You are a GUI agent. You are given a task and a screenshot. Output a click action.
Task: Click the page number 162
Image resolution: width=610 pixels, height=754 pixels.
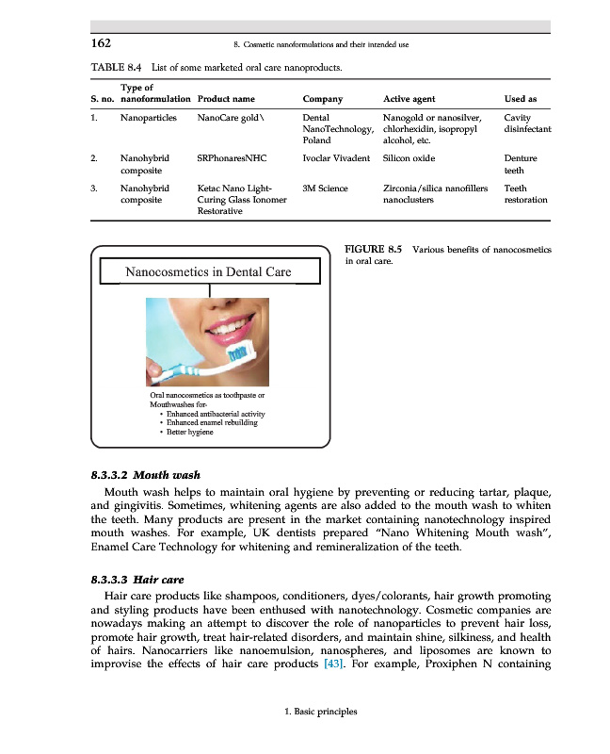[x=101, y=43]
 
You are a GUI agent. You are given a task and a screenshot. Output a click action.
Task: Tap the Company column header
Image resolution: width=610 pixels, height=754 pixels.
[x=322, y=99]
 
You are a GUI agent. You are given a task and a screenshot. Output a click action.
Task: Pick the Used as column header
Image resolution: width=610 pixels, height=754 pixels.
[x=521, y=99]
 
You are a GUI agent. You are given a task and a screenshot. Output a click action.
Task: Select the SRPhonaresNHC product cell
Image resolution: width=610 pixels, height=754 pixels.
[x=233, y=159]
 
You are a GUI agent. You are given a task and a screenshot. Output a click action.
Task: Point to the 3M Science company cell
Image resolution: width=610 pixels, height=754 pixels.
[x=326, y=188]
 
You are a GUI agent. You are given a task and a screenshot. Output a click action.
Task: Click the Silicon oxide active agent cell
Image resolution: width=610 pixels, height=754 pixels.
[x=409, y=159]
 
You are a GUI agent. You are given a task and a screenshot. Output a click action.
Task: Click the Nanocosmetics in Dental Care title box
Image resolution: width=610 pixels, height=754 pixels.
[x=208, y=272]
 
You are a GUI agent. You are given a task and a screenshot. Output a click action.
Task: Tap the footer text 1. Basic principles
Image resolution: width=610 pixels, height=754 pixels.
[x=320, y=712]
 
